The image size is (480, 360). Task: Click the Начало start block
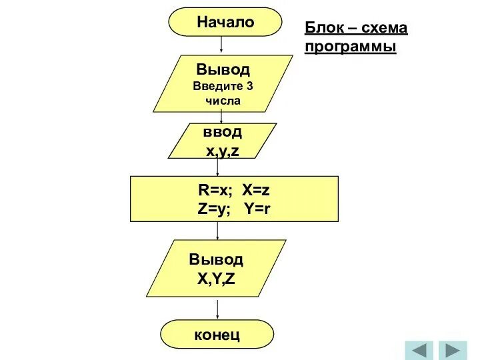[x=225, y=22]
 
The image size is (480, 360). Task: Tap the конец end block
[x=217, y=334]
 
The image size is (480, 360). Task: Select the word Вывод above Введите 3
[x=223, y=69]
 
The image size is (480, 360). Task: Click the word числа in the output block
[x=223, y=101]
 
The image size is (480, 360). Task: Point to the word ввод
[x=223, y=132]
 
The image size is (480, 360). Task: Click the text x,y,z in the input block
[x=223, y=151]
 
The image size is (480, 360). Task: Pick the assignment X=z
[x=255, y=190]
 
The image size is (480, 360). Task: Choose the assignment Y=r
[x=257, y=208]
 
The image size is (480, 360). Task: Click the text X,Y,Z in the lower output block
[x=216, y=278]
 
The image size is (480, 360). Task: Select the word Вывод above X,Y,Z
[x=216, y=259]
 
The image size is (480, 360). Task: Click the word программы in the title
[x=350, y=47]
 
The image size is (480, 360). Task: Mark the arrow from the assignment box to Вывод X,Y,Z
[x=217, y=231]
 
